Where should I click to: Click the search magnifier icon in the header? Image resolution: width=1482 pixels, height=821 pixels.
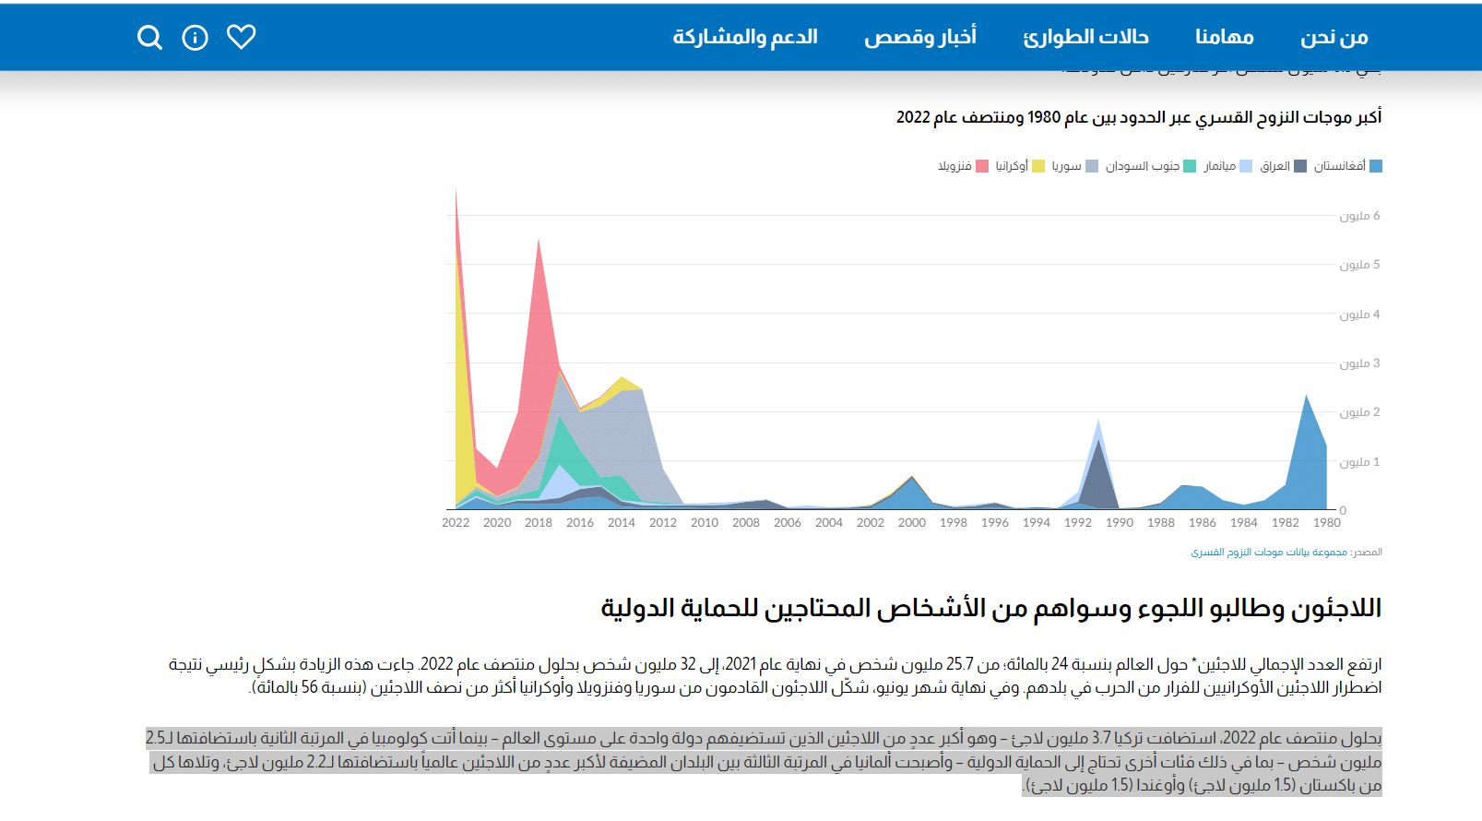(x=149, y=37)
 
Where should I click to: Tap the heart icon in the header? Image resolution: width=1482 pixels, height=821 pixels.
(x=242, y=37)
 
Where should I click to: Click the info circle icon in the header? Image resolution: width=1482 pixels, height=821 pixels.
(x=195, y=38)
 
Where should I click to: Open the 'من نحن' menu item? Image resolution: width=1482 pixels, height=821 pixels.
(x=1334, y=37)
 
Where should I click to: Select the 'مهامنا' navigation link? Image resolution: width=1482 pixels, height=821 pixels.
(x=1224, y=37)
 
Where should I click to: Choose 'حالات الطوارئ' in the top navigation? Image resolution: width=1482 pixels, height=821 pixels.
(x=1085, y=37)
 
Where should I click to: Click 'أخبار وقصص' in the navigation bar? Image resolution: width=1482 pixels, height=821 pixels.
(x=919, y=37)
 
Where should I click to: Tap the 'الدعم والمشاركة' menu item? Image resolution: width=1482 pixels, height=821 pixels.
(x=745, y=37)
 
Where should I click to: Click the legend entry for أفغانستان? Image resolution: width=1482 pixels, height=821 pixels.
(x=1347, y=166)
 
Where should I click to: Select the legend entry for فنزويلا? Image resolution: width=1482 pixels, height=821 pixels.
(x=963, y=166)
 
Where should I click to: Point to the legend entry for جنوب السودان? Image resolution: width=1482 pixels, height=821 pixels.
(x=1150, y=166)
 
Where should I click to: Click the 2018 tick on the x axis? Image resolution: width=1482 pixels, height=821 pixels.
(x=539, y=523)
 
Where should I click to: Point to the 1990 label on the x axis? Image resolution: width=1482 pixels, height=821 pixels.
(x=1120, y=523)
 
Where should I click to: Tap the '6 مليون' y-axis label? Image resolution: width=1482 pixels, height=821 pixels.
(x=1359, y=216)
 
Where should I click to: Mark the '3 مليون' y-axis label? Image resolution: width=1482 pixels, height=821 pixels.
(x=1359, y=363)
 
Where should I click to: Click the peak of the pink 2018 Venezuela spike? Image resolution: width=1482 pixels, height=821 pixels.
(x=539, y=242)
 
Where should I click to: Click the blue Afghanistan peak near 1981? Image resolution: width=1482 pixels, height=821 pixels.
(x=1306, y=399)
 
